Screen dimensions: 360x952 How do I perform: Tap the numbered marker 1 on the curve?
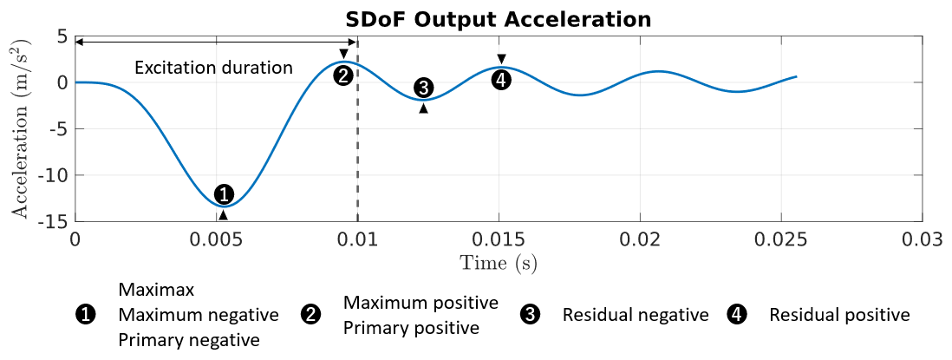tap(224, 193)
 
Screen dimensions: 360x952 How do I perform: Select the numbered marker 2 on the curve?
tap(343, 75)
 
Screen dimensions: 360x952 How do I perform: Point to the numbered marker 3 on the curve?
tap(424, 88)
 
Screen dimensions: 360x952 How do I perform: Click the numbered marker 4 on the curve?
tap(500, 80)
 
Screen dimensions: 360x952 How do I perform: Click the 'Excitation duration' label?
tap(213, 67)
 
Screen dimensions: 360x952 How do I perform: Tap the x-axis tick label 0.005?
tap(217, 239)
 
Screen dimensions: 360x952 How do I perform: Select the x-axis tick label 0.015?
tap(499, 239)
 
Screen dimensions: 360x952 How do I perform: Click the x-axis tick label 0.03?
tap(921, 239)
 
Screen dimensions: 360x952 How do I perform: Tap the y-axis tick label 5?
tap(62, 36)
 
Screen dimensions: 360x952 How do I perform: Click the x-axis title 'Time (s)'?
tap(498, 262)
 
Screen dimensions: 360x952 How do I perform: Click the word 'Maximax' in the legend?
tap(156, 286)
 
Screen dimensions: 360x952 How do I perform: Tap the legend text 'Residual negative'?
tap(636, 315)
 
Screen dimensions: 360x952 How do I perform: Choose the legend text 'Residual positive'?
tap(839, 315)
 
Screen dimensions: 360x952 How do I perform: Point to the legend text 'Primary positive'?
tap(411, 328)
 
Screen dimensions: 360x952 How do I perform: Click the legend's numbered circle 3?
tap(531, 315)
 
